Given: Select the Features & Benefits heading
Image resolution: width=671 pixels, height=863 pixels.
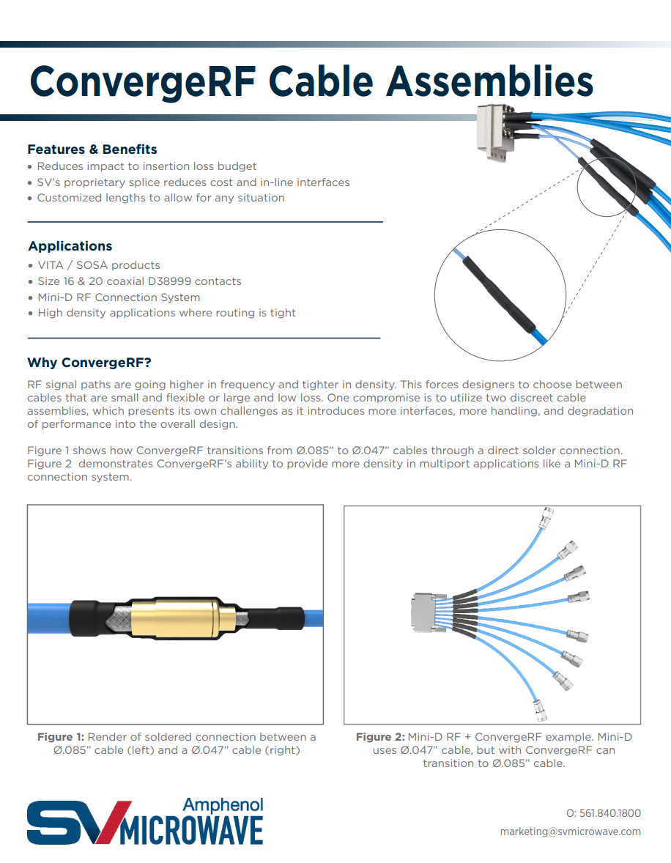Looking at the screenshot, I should [x=92, y=149].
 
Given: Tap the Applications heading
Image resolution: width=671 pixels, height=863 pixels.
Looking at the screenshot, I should [x=70, y=246].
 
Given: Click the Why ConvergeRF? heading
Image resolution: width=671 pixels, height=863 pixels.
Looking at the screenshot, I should [x=89, y=363].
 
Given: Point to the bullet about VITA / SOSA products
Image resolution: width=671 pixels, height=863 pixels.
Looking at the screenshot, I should [x=98, y=265].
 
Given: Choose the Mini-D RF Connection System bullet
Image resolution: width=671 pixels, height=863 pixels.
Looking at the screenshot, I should [x=119, y=297].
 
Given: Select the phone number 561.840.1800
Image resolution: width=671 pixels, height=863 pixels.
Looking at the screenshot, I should [x=610, y=813].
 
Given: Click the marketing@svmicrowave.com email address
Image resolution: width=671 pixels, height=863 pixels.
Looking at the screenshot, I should [x=570, y=831].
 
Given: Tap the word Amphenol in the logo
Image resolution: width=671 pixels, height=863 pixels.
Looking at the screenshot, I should [x=223, y=805].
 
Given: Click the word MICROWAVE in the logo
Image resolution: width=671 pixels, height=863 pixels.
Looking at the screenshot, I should [x=191, y=831].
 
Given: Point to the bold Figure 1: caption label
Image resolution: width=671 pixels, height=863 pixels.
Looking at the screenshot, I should [x=61, y=737].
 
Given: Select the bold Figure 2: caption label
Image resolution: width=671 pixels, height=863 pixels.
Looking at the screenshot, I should [x=380, y=737].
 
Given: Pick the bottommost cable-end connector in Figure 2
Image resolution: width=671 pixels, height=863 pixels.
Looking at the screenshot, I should [x=538, y=708].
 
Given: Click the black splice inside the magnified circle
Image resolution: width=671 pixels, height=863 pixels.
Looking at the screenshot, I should [x=498, y=293].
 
